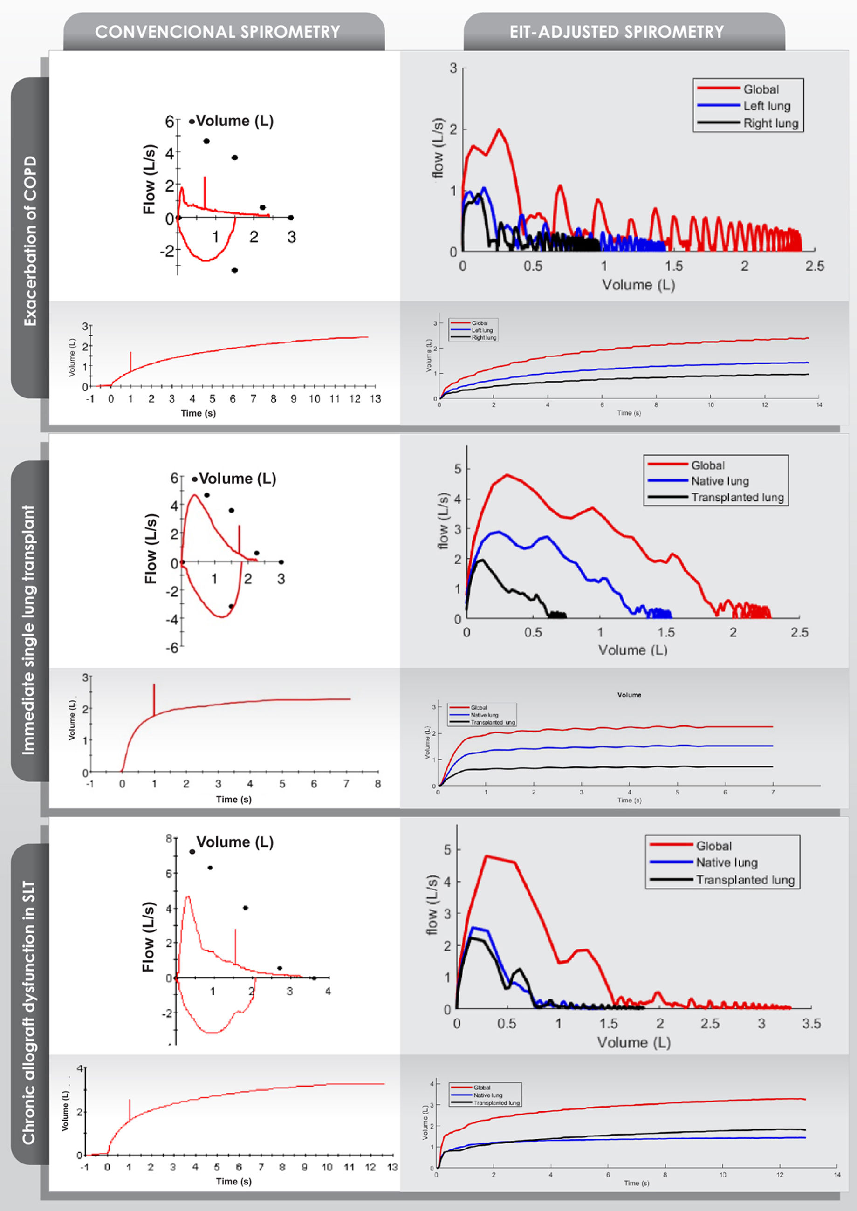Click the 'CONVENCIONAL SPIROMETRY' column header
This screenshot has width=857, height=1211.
click(218, 32)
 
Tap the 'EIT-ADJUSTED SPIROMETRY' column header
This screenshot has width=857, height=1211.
click(617, 32)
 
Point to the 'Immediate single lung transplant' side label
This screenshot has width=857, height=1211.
click(28, 630)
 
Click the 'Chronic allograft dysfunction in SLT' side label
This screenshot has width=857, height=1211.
click(28, 1013)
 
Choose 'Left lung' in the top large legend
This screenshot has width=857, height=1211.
click(767, 106)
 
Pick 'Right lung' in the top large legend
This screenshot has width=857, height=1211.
click(770, 123)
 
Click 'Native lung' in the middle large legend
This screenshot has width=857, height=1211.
click(720, 481)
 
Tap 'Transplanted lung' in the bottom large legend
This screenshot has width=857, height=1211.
click(745, 880)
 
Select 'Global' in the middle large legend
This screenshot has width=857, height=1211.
click(708, 465)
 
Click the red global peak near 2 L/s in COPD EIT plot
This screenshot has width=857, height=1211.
click(499, 130)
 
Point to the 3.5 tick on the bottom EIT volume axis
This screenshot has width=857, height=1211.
click(811, 1024)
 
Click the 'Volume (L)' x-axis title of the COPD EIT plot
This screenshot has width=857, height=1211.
click(638, 285)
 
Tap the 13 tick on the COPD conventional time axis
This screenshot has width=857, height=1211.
click(375, 399)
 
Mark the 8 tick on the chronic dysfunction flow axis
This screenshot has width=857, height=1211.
click(169, 838)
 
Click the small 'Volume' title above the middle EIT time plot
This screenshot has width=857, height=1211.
click(629, 695)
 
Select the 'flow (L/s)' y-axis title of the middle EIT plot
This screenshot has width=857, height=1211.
click(443, 521)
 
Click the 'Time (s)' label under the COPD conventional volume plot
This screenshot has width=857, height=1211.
click(199, 413)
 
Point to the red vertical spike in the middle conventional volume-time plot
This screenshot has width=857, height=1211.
click(154, 699)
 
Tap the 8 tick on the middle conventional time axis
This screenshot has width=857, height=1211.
click(378, 784)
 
